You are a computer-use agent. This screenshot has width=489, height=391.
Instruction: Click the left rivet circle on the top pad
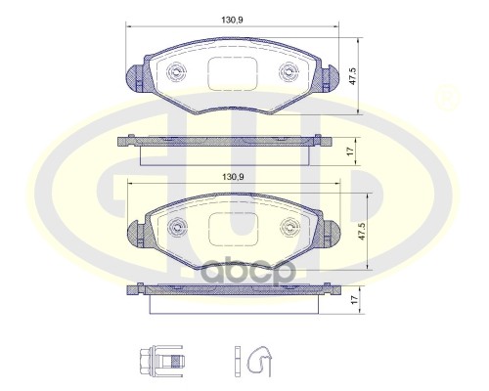(x=176, y=70)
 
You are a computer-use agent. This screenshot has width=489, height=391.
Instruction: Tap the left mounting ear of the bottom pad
(x=135, y=233)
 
